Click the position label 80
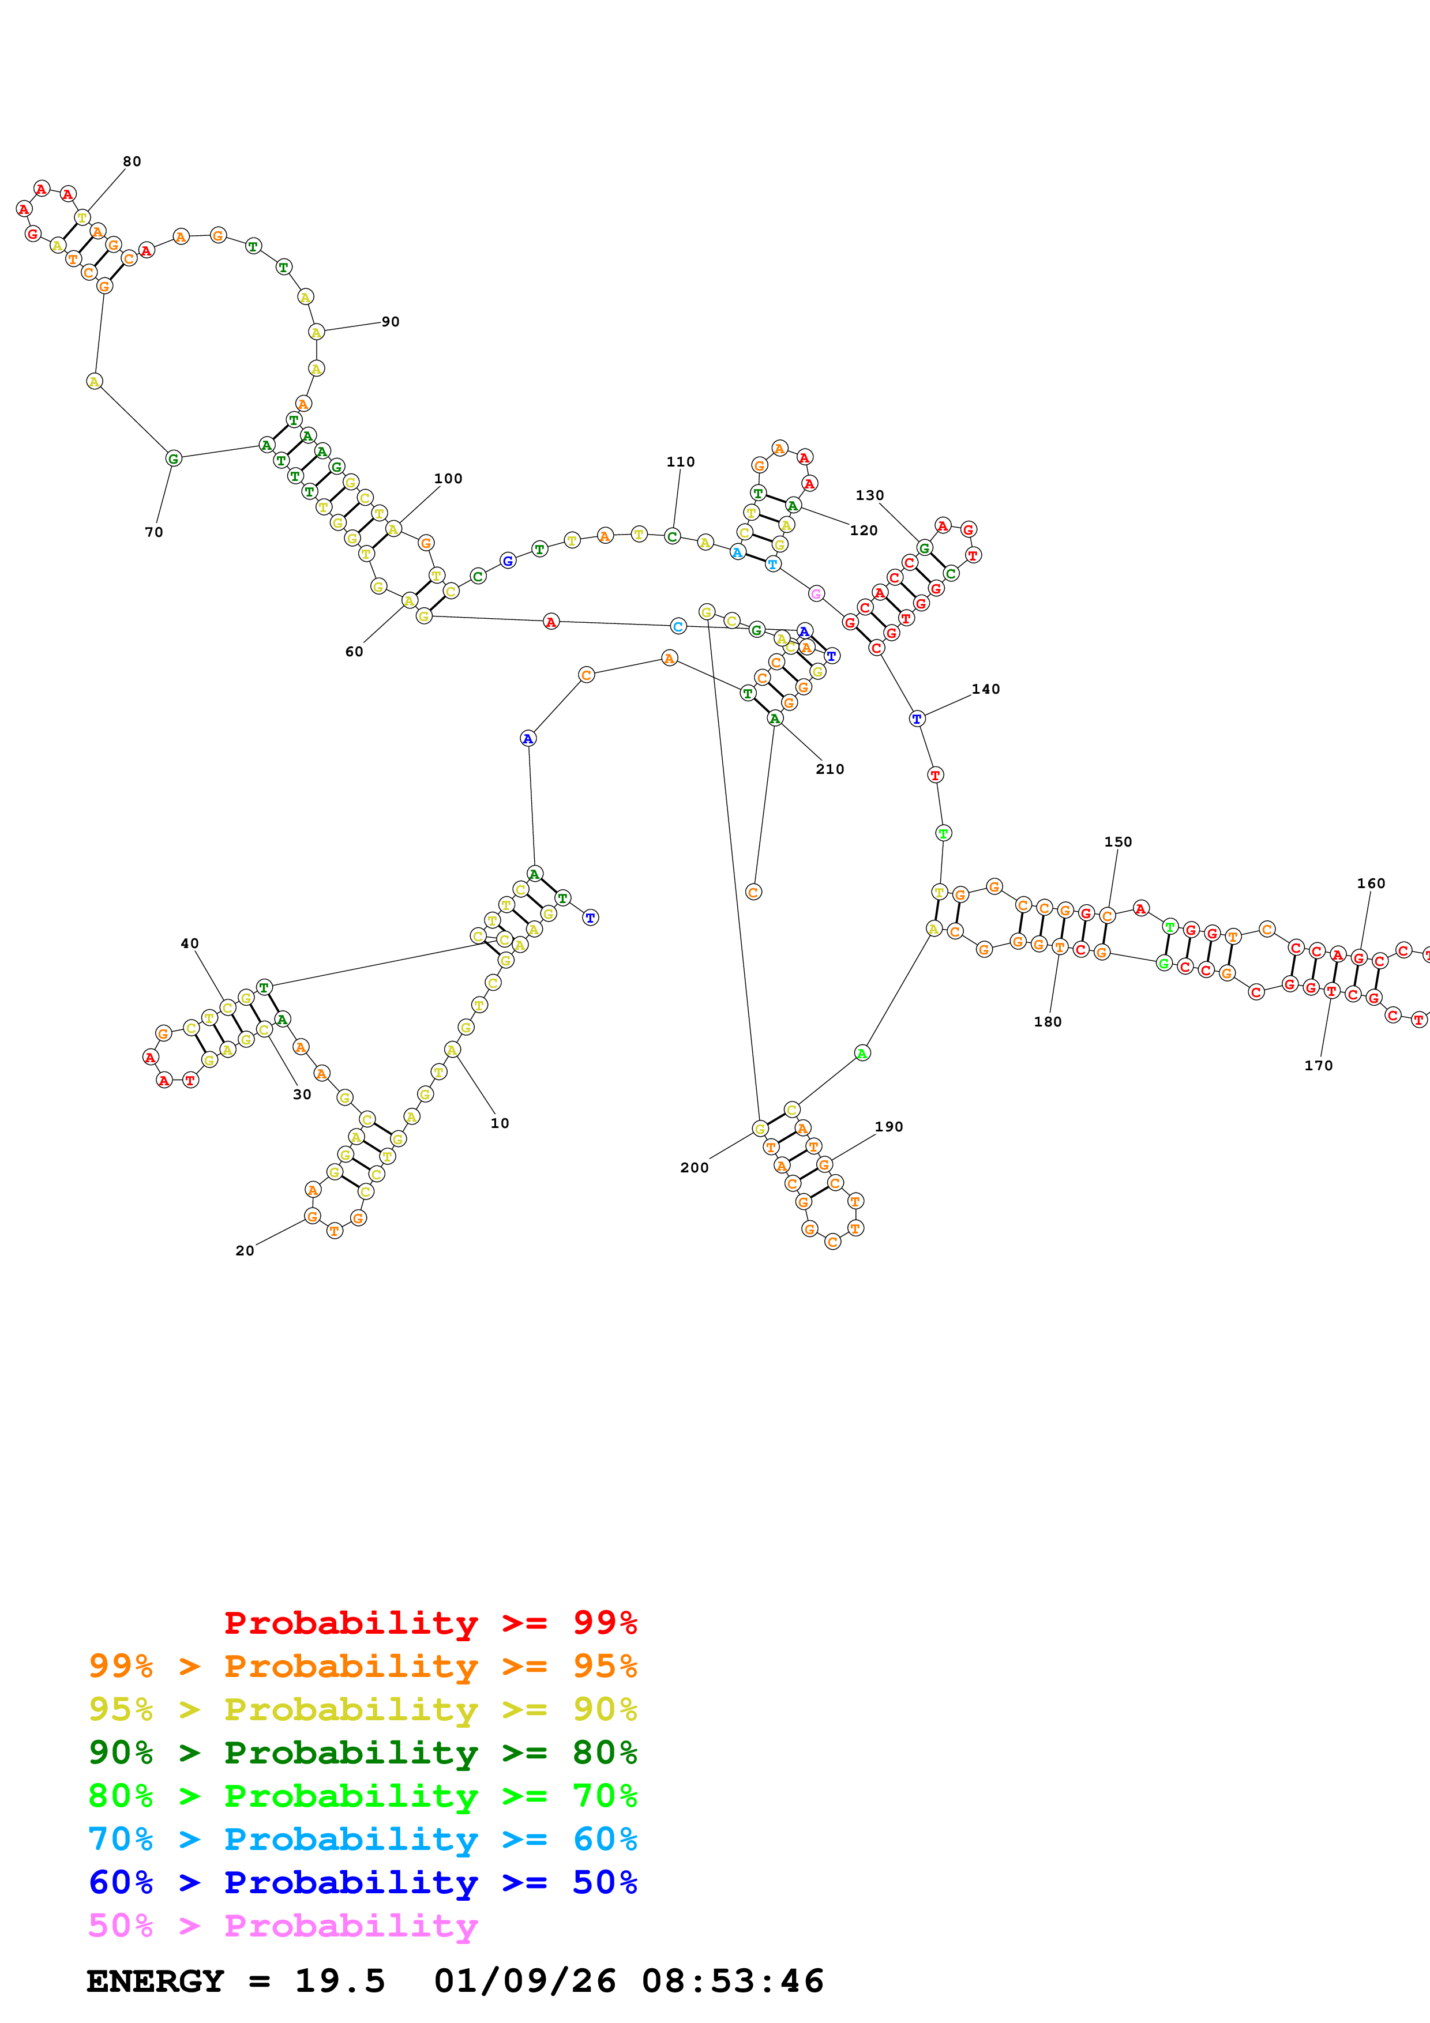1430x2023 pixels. coord(132,161)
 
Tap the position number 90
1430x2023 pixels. coord(391,322)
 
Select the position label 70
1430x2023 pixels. coord(153,532)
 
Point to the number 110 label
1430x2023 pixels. coord(680,462)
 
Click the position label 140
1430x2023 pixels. coord(985,689)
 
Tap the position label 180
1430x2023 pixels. coord(1047,1022)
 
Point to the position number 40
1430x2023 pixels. coord(189,943)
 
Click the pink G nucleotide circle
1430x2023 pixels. coord(816,594)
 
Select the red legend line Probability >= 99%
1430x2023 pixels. coord(430,1623)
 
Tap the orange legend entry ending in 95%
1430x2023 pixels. coord(362,1666)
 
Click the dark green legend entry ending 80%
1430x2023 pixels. coord(362,1753)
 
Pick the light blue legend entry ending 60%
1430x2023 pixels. coord(362,1839)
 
